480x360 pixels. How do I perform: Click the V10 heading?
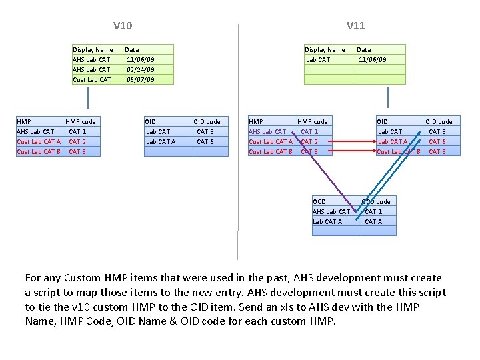coord(123,26)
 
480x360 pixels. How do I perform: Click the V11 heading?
coord(355,26)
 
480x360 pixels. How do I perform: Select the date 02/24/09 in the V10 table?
coord(140,69)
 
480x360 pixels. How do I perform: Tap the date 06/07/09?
coord(140,79)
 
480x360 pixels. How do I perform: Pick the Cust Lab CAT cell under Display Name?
coord(92,79)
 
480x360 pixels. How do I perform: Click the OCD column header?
coord(319,201)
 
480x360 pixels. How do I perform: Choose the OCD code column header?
coord(376,201)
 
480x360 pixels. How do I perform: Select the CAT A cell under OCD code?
coord(373,221)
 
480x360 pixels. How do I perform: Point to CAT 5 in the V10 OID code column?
coord(205,131)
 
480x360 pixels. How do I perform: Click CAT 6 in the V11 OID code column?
coord(437,141)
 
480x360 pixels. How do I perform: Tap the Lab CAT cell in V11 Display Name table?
coord(318,59)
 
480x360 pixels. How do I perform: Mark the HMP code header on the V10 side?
coord(81,121)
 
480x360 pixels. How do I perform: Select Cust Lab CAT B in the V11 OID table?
coord(399,151)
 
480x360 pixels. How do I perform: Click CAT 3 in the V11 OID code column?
coord(437,151)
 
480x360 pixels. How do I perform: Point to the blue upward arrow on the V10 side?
coord(87,100)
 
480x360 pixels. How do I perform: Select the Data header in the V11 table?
coord(364,49)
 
